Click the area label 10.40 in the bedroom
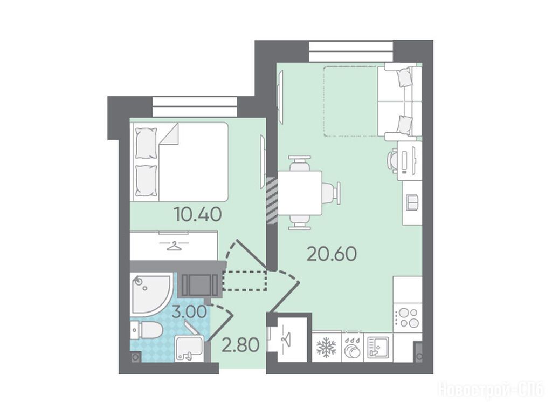tap(198, 214)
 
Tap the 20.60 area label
tap(332, 254)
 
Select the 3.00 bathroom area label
tap(189, 312)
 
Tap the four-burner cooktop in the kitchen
tap(408, 318)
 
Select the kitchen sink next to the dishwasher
tap(378, 347)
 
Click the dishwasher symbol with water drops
tap(352, 348)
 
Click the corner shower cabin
tap(151, 294)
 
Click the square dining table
tap(300, 193)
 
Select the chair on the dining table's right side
tap(332, 193)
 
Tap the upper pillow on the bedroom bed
tap(146, 143)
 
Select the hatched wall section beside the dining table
tap(272, 201)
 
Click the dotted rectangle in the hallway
tap(245, 281)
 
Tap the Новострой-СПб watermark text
tap(491, 390)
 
